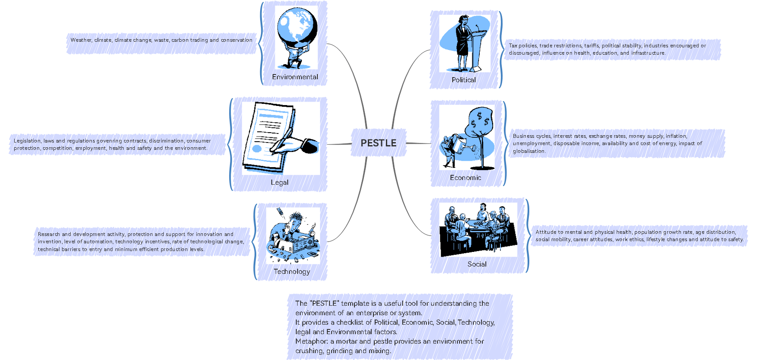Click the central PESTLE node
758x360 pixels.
[378, 143]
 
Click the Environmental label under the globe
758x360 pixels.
[295, 77]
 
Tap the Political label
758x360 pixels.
[463, 80]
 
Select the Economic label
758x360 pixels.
[465, 177]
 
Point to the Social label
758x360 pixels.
[477, 264]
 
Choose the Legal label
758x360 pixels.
[280, 182]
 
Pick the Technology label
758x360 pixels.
[292, 271]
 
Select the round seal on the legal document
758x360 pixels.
[257, 149]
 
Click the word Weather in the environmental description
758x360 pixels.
[81, 40]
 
